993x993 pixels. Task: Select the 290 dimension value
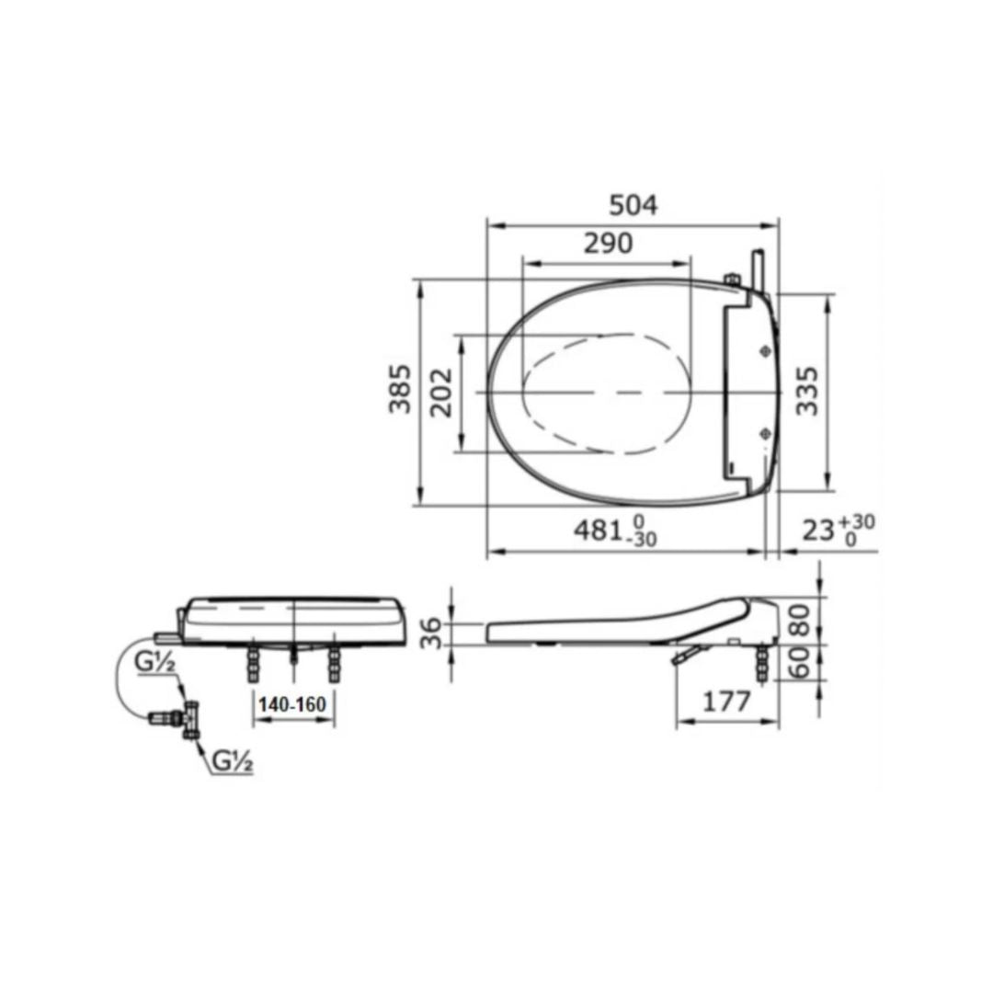coord(608,243)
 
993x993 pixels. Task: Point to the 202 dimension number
coord(442,392)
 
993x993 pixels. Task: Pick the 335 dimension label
coord(806,390)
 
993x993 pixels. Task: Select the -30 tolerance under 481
coord(643,541)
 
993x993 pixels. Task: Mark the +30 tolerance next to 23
coord(860,521)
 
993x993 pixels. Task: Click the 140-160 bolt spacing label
coord(292,704)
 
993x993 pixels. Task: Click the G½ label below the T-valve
coord(230,762)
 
